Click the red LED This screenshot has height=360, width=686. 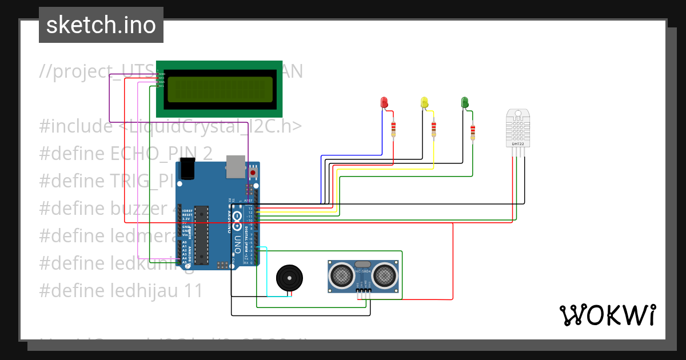coord(385,103)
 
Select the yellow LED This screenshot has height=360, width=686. coord(424,103)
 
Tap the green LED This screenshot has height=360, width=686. coord(465,103)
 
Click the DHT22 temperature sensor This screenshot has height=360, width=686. coord(518,129)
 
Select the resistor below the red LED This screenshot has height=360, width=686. coord(393,130)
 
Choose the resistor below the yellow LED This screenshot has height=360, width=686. coord(433,130)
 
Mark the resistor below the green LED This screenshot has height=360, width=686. coord(472,132)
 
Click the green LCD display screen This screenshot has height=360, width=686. coord(219,89)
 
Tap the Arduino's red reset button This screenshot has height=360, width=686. coord(253,171)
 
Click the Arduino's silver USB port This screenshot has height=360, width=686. coord(234,165)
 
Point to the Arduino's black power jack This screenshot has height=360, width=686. coord(187,170)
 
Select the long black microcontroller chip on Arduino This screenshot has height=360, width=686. coord(201,235)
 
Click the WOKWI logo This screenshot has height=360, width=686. coord(607,315)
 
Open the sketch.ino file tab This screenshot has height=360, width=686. coord(101,25)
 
